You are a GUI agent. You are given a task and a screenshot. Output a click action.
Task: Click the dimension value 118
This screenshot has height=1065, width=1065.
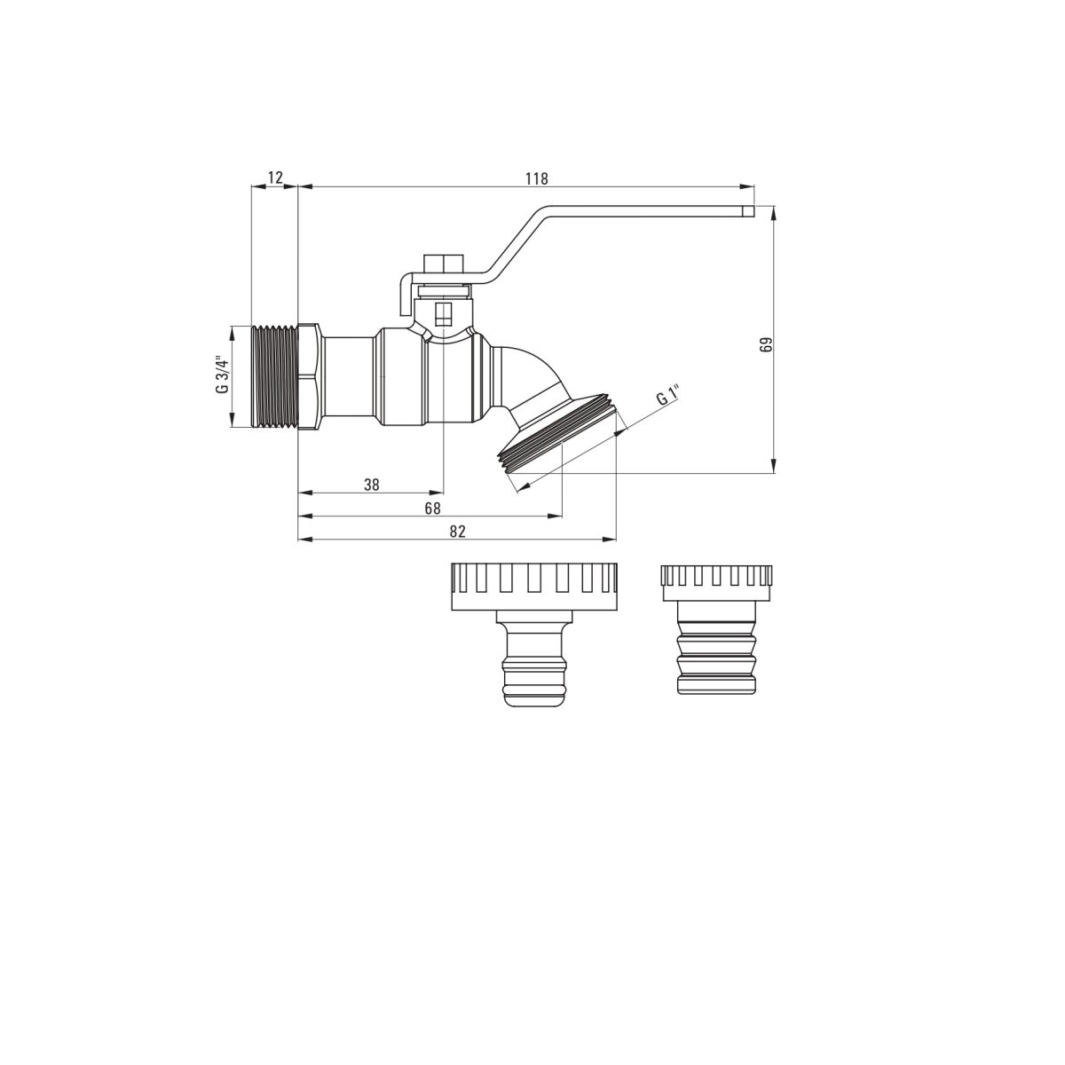click(x=537, y=178)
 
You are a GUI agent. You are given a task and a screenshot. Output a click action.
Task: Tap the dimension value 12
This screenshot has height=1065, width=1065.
click(x=275, y=177)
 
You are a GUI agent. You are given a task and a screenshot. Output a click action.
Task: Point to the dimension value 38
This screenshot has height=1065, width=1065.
click(x=372, y=485)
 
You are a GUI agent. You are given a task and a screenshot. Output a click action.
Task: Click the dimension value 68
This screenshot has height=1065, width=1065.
click(x=433, y=508)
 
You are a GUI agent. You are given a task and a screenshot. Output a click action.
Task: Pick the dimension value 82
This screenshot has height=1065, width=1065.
click(x=458, y=532)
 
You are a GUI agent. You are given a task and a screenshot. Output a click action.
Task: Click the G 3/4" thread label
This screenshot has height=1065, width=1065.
click(x=223, y=375)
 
